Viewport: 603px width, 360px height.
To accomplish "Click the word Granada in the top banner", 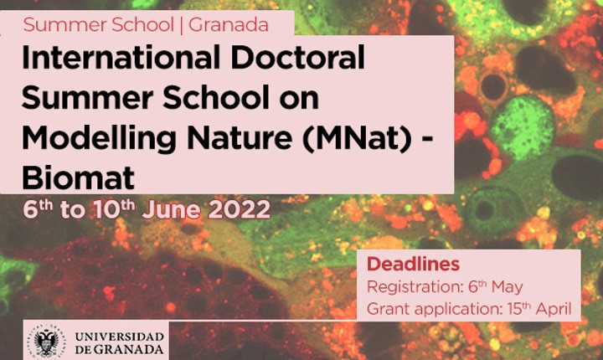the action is point(229,25).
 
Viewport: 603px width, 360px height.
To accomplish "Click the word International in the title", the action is point(121,57).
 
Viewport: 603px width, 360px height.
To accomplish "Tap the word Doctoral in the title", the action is point(297,57).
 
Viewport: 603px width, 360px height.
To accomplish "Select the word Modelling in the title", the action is point(99,139).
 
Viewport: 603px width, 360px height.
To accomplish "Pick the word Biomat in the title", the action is point(78,177).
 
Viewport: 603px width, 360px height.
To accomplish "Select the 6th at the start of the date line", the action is point(38,209).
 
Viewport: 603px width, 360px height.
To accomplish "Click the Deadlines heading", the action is point(413,265).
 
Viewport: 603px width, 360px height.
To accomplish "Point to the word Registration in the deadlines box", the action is point(414,287).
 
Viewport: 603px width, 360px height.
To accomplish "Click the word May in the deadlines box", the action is point(507,287).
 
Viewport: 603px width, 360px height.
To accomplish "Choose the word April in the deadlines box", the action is point(554,308).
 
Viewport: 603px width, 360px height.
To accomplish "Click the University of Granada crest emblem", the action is point(47,341).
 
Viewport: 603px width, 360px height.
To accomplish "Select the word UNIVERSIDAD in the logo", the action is point(120,337).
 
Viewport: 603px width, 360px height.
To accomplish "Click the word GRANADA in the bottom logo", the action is point(128,350).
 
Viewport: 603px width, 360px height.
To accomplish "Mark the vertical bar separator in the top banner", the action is point(181,25).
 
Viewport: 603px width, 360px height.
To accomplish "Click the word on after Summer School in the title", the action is point(299,99).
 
